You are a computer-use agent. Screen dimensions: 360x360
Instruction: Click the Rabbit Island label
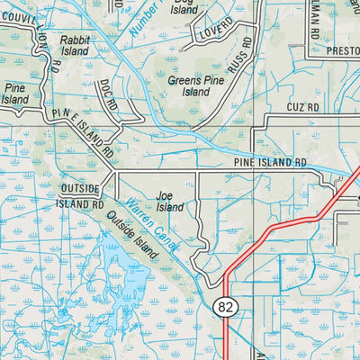(75, 46)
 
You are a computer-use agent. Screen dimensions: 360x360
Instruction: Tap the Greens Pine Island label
(189, 85)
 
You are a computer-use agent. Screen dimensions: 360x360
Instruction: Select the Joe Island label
(169, 201)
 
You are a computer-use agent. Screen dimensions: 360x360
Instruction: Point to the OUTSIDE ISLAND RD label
(83, 196)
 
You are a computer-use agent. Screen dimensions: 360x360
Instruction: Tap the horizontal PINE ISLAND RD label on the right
(270, 163)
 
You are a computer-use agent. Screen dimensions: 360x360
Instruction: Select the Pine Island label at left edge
(15, 94)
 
